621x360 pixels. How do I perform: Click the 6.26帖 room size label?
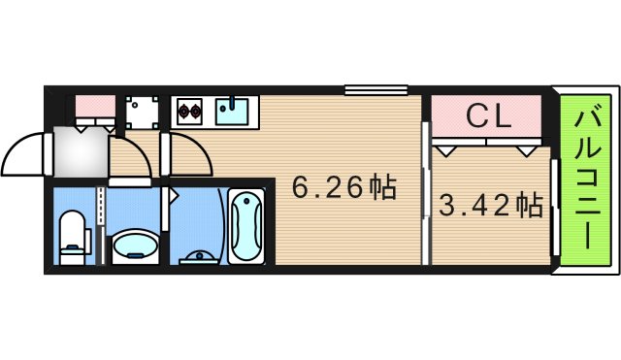[x=344, y=187]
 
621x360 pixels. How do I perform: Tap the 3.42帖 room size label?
[x=490, y=206]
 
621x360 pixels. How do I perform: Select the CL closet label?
[x=488, y=116]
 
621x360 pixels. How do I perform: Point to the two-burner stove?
[x=187, y=111]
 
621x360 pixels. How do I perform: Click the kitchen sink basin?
[x=233, y=110]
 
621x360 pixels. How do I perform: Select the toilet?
[x=73, y=237]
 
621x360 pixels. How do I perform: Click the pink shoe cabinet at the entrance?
[x=94, y=104]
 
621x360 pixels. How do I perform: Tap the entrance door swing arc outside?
[x=24, y=153]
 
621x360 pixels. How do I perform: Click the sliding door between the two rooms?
[x=424, y=192]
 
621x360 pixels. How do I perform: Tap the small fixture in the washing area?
[x=199, y=258]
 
